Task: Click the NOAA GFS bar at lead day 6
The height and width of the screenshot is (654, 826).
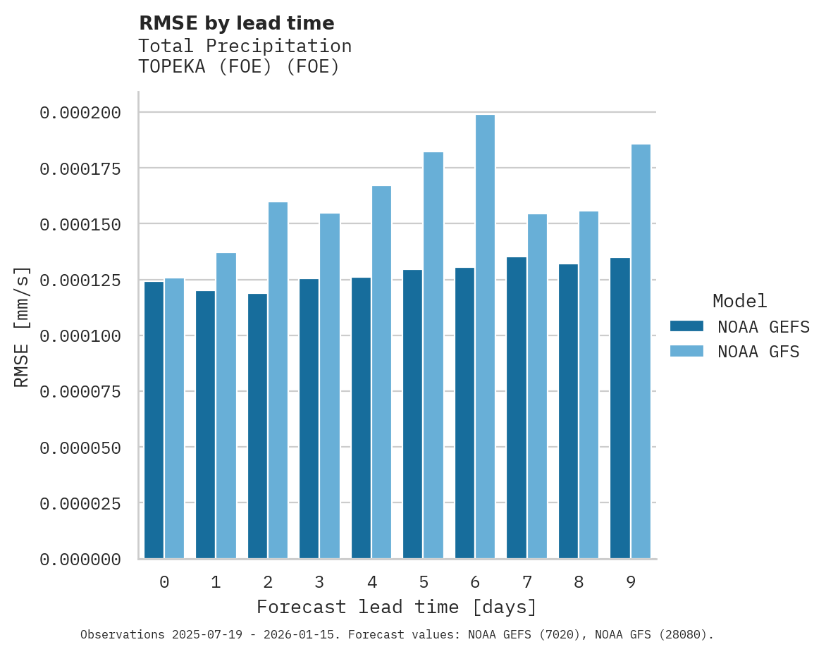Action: tap(485, 337)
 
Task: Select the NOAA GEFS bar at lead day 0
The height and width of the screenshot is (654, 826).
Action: tap(154, 420)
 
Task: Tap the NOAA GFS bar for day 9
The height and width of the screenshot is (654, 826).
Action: tap(641, 352)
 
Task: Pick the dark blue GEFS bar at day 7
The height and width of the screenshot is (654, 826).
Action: tap(517, 408)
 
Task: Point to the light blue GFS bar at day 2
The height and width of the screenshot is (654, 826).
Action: tap(278, 381)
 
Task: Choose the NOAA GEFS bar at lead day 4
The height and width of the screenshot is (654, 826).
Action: tap(361, 418)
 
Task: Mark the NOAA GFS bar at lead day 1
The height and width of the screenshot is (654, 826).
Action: tap(226, 406)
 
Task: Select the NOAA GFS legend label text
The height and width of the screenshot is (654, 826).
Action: tap(758, 352)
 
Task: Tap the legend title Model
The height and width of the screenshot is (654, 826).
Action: tap(739, 301)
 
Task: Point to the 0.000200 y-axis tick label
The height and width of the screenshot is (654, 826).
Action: tap(80, 113)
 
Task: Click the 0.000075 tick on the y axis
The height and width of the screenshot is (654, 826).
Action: tap(80, 392)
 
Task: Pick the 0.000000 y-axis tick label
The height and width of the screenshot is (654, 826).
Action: tap(80, 560)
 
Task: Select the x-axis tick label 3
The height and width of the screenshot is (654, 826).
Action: tap(319, 582)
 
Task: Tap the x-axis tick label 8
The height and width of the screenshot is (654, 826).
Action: tap(579, 582)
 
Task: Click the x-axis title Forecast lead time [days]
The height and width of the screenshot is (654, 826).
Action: tap(397, 607)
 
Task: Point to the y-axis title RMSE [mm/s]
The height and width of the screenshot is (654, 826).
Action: tap(22, 327)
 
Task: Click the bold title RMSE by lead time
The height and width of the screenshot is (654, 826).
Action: tap(236, 23)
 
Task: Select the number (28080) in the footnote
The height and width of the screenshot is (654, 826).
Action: tap(681, 635)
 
